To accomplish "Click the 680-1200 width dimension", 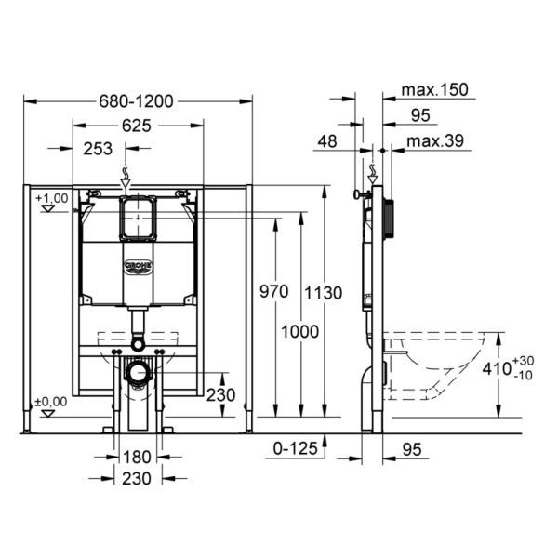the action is (x=136, y=101).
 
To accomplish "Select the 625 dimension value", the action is (x=137, y=126).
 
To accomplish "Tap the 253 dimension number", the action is (x=98, y=149).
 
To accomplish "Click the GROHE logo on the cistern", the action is (x=138, y=267).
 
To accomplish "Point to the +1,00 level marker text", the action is (x=52, y=198).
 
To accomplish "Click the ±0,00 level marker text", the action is (x=51, y=402).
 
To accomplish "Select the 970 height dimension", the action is (x=273, y=292).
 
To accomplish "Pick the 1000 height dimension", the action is (x=300, y=332).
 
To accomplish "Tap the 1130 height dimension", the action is (x=323, y=293).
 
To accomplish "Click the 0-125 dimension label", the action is (x=295, y=448).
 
